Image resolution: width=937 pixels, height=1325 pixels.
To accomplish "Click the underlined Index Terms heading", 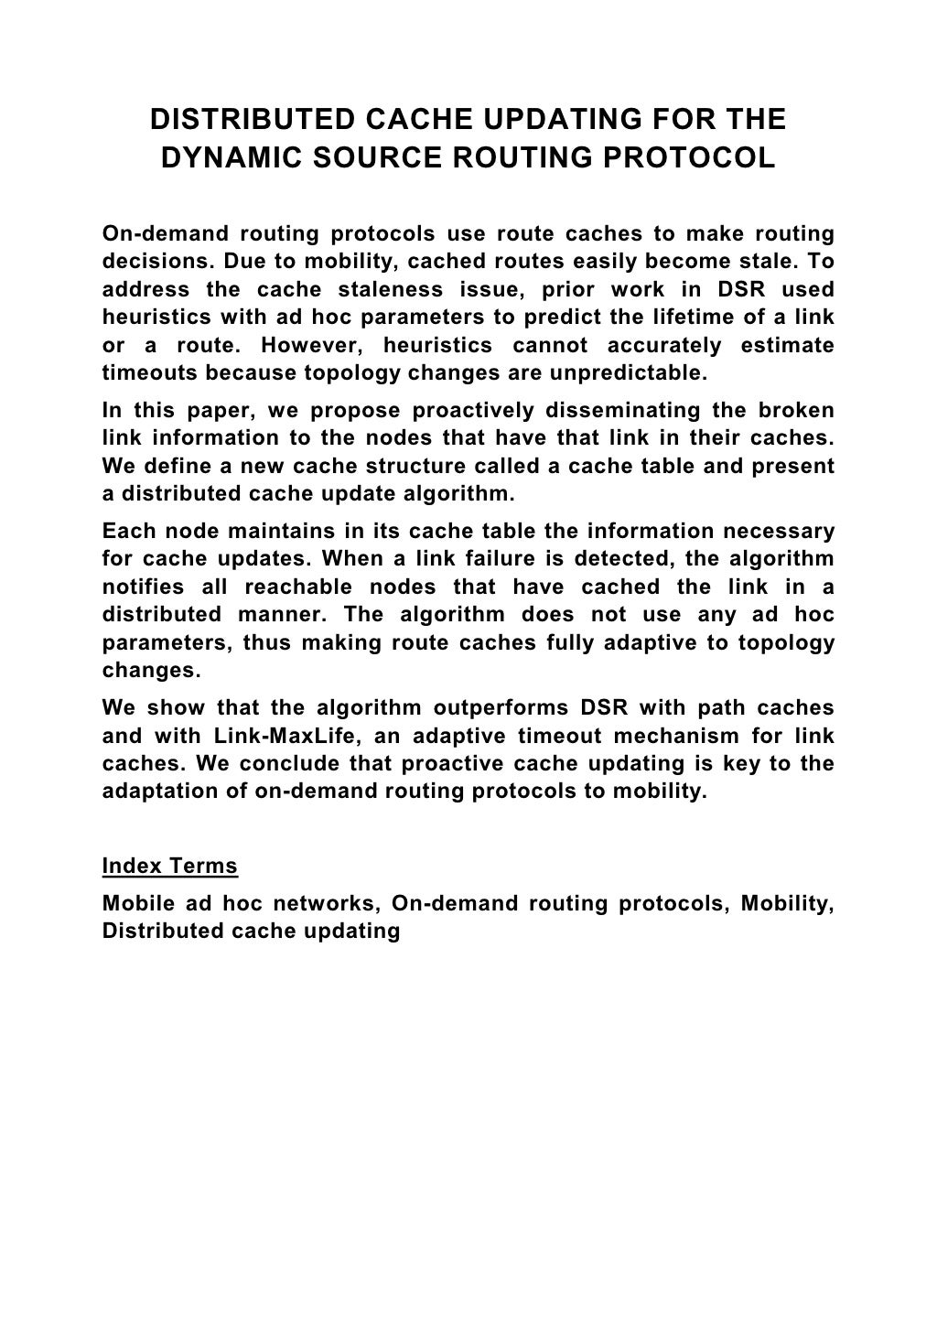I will point(169,866).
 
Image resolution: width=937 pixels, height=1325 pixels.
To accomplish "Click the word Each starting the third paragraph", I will point(124,531).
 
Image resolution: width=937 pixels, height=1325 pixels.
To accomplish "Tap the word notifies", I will point(143,587).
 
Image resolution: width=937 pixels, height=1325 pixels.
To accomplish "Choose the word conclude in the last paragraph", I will point(347,763).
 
